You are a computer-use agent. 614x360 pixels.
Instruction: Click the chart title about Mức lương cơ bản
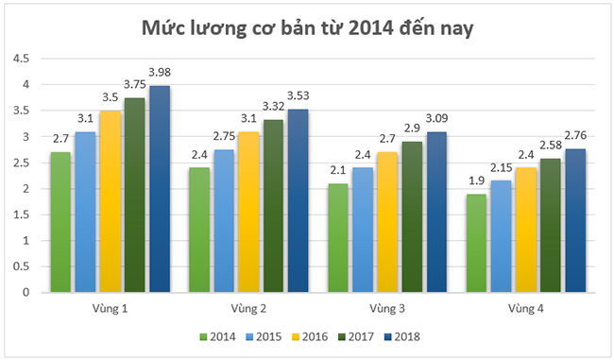(x=307, y=27)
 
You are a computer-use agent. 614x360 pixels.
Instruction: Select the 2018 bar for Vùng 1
(x=159, y=189)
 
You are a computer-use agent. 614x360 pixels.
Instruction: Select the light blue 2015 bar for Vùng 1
(x=86, y=212)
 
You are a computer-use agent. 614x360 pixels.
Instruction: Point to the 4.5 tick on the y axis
(x=20, y=59)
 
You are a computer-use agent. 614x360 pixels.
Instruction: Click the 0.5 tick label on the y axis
(x=20, y=266)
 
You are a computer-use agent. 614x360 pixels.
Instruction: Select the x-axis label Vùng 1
(x=110, y=309)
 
